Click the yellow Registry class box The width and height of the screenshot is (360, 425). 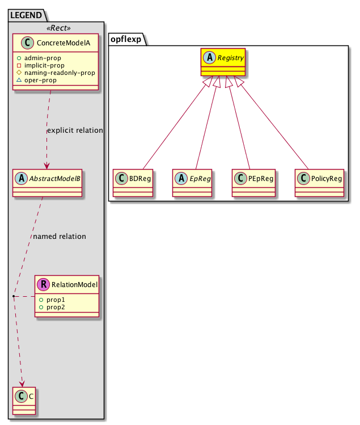pos(222,62)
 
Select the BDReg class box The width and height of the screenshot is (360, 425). pos(133,182)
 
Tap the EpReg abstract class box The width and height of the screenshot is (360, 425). pos(193,182)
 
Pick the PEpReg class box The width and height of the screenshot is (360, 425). pos(253,182)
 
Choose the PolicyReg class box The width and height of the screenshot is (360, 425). pos(320,182)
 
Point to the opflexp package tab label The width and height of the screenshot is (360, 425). pos(127,39)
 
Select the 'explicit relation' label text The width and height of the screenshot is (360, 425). pos(75,131)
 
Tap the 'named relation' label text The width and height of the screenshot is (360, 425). pos(60,236)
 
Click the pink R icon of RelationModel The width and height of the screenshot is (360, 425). pos(43,284)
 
